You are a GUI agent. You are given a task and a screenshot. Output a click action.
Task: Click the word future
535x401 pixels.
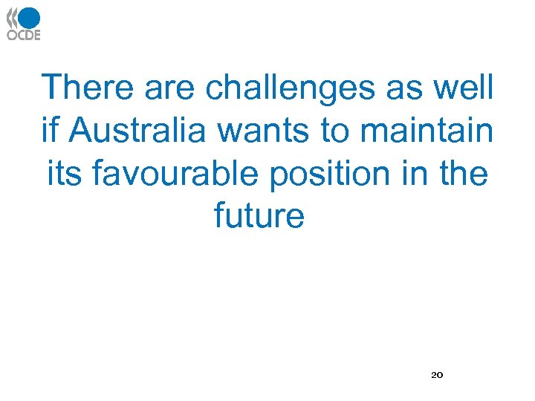coord(259,216)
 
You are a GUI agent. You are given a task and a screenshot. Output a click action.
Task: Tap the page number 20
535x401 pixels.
coord(437,375)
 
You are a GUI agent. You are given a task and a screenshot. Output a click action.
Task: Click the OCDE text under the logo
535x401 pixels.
coord(24,34)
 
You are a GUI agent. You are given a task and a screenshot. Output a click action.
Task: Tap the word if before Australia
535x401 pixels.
coord(50,131)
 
